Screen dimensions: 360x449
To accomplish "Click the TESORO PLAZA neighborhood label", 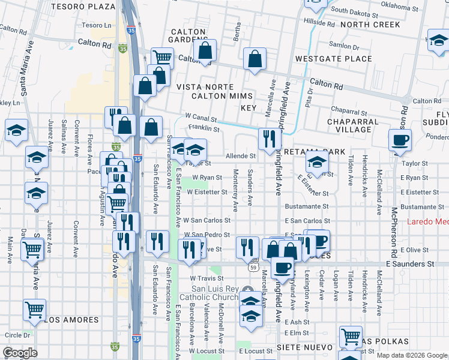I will pyautogui.click(x=91, y=7).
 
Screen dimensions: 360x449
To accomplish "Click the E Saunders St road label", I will pyautogui.click(x=409, y=264).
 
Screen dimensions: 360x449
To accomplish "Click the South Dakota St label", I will pyautogui.click(x=354, y=10).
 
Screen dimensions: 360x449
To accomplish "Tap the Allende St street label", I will pyautogui.click(x=241, y=156).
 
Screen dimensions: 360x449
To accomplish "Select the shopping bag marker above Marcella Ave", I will pyautogui.click(x=255, y=59).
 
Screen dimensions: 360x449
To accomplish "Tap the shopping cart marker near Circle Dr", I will pyautogui.click(x=35, y=309).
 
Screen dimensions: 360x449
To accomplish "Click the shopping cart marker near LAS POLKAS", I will pyautogui.click(x=351, y=336).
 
